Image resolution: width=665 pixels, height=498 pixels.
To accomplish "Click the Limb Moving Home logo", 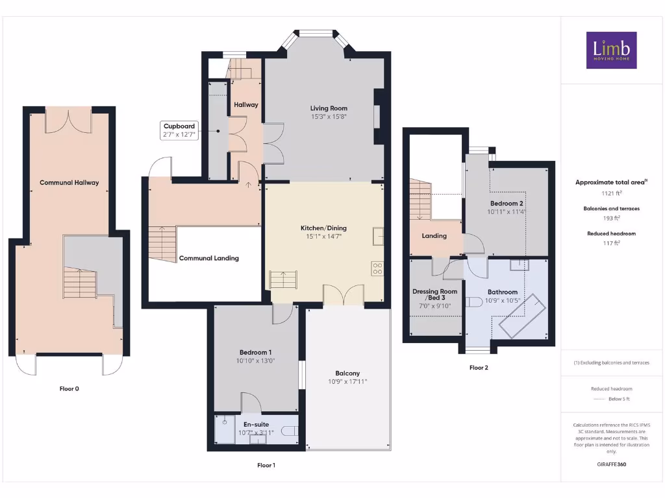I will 611,50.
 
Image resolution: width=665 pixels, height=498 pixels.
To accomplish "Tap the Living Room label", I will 328,108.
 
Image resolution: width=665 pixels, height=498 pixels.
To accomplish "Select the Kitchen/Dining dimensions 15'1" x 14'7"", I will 323,237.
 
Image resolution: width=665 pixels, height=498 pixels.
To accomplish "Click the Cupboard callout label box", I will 179,130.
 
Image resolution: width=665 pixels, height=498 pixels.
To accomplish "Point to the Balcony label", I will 347,373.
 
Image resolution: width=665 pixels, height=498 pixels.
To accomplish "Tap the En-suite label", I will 256,425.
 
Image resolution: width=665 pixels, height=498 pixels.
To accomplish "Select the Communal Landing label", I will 208,258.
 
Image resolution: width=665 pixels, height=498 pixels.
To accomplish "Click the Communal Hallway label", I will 69,183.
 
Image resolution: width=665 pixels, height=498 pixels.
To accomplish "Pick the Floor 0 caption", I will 69,389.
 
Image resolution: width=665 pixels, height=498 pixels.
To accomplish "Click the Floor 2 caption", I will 479,368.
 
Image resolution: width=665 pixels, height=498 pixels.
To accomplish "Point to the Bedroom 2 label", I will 507,204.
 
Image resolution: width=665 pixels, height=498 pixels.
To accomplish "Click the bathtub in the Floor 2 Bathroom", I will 520,316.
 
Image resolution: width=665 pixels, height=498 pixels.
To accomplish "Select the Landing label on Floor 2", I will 434,236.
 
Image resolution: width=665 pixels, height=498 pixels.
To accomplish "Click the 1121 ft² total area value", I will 611,193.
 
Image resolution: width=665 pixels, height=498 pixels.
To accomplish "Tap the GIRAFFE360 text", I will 611,464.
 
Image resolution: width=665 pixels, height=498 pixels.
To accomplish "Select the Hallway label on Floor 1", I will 246,104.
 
